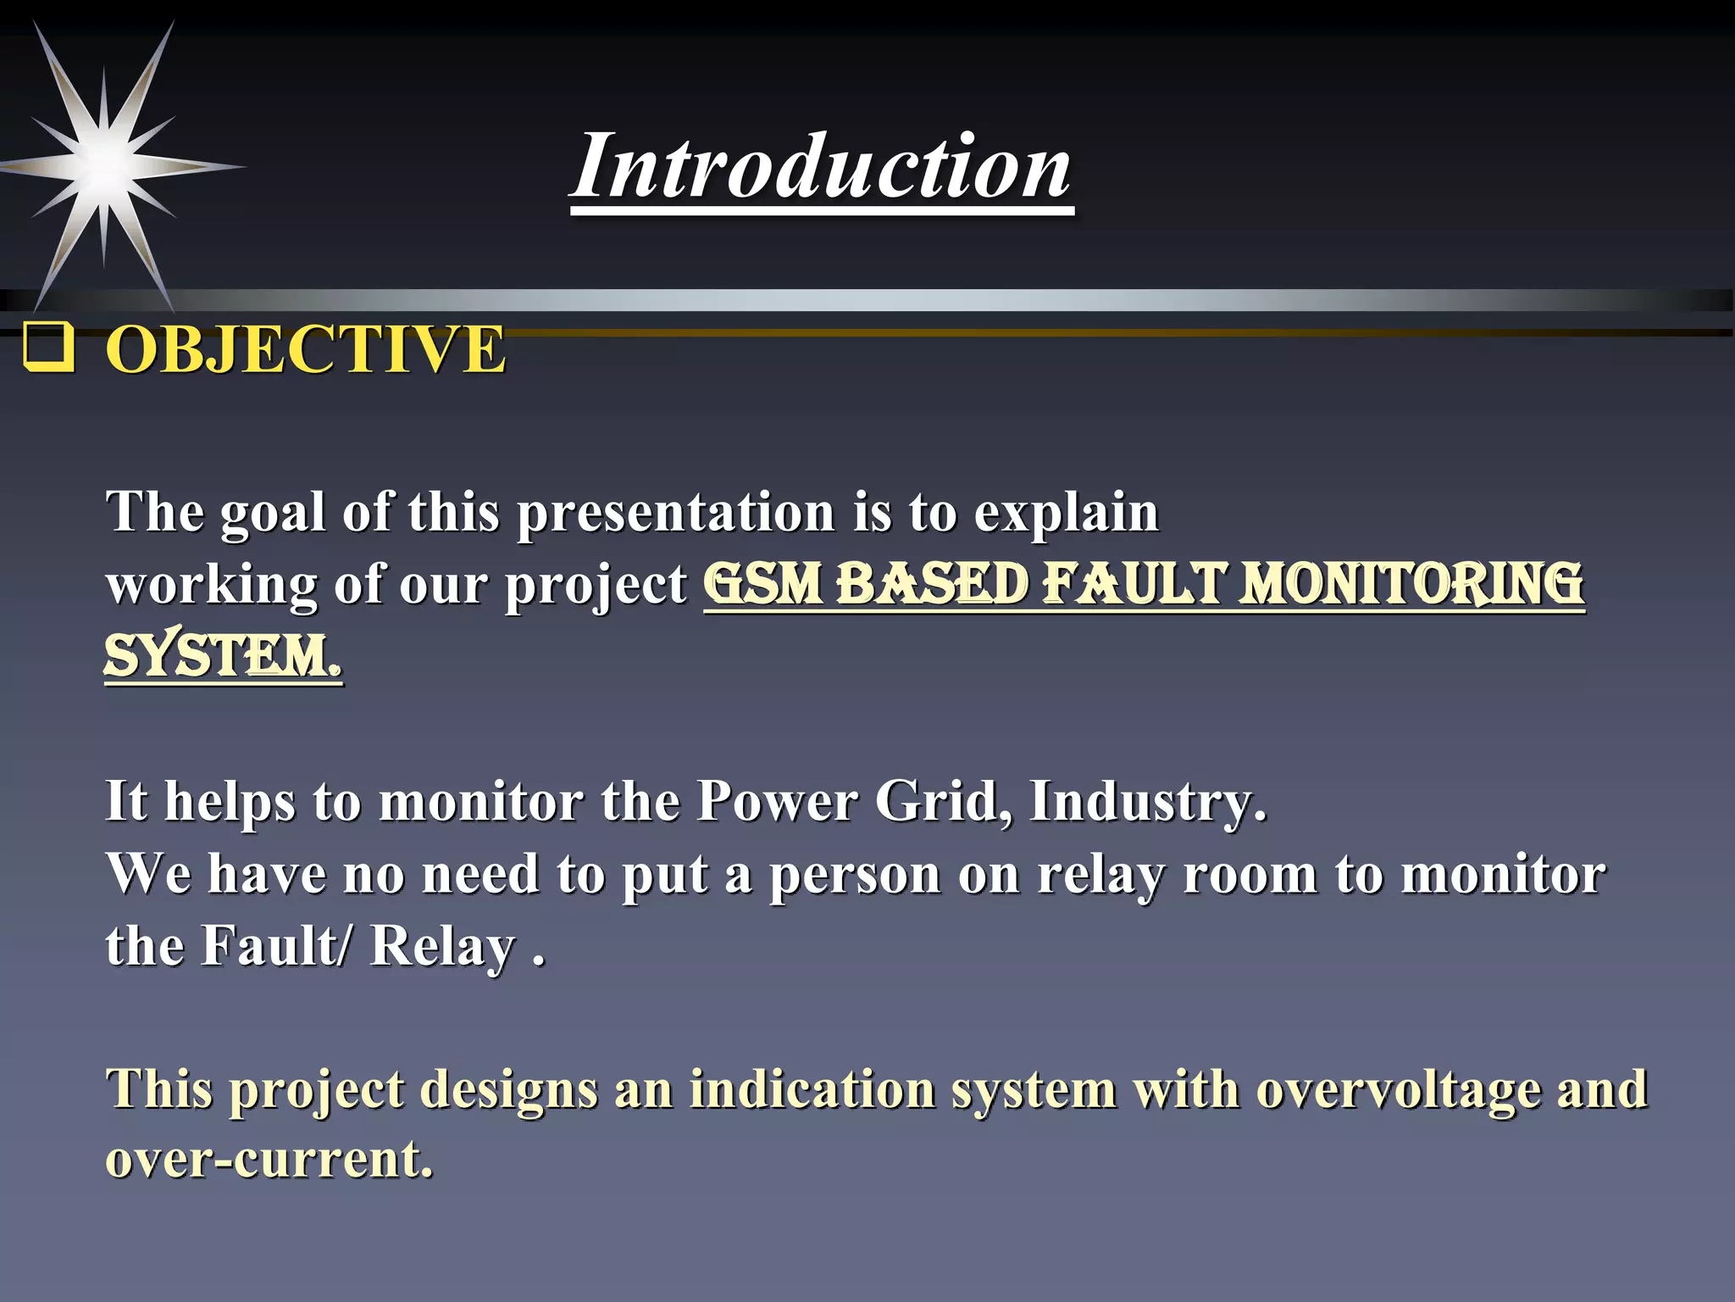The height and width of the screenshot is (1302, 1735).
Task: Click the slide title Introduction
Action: point(821,167)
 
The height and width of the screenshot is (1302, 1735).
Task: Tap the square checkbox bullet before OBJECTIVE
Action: point(47,348)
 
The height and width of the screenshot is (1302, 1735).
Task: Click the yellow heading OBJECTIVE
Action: point(305,349)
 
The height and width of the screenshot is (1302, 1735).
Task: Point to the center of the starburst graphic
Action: point(104,165)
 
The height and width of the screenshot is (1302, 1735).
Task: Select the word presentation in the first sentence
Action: point(675,513)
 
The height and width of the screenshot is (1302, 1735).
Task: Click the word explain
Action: point(1065,513)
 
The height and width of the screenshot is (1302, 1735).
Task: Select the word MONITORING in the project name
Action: point(1411,584)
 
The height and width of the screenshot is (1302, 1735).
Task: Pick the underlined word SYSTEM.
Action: point(223,657)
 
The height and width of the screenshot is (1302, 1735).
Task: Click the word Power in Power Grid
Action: point(777,800)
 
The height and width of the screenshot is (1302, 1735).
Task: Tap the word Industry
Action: point(1148,802)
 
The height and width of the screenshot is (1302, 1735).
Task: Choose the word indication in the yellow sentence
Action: point(812,1090)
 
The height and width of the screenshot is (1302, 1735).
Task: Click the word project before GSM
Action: point(596,586)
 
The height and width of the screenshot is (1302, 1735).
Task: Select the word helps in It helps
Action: point(230,802)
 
